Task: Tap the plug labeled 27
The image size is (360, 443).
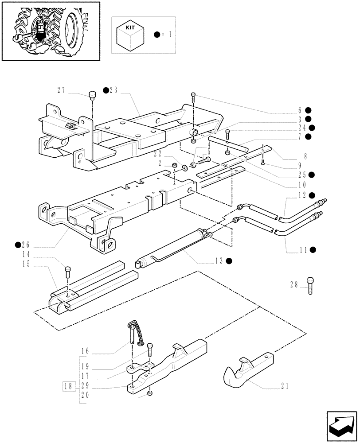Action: point(92,95)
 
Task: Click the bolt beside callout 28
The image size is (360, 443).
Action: point(310,286)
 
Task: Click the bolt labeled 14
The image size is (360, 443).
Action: point(67,271)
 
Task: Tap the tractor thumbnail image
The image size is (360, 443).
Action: point(50,31)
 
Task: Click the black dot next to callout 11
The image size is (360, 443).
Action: point(313,249)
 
